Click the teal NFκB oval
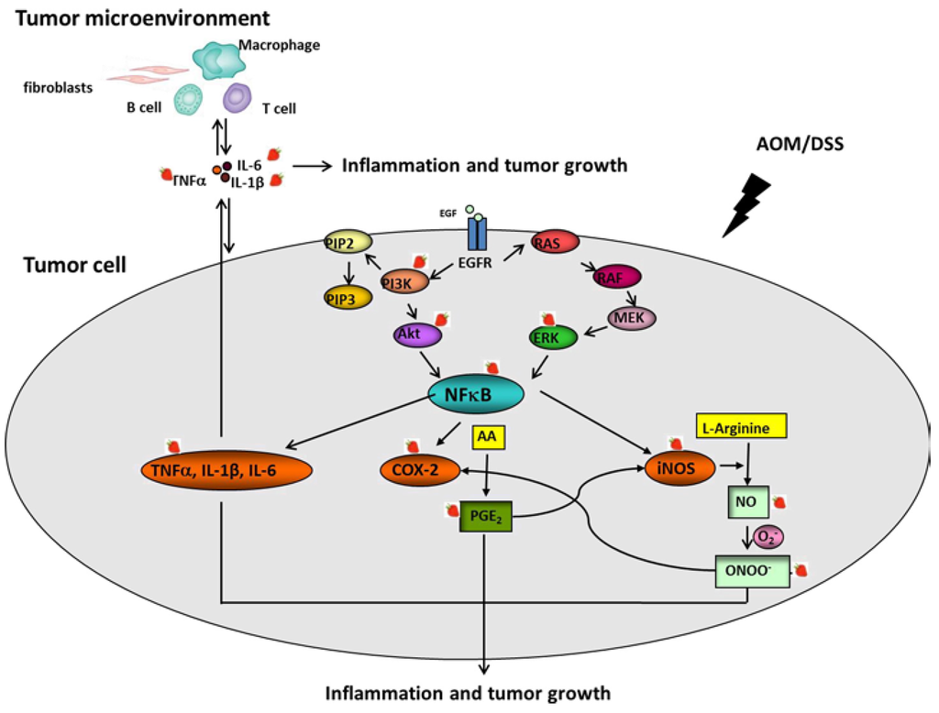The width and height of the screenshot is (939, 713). click(478, 394)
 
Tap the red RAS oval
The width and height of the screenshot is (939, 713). click(554, 242)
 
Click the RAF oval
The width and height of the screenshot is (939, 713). click(617, 276)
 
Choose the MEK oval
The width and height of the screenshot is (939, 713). click(633, 317)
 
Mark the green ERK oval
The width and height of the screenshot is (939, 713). click(553, 338)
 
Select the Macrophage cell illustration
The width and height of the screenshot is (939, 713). click(218, 59)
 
